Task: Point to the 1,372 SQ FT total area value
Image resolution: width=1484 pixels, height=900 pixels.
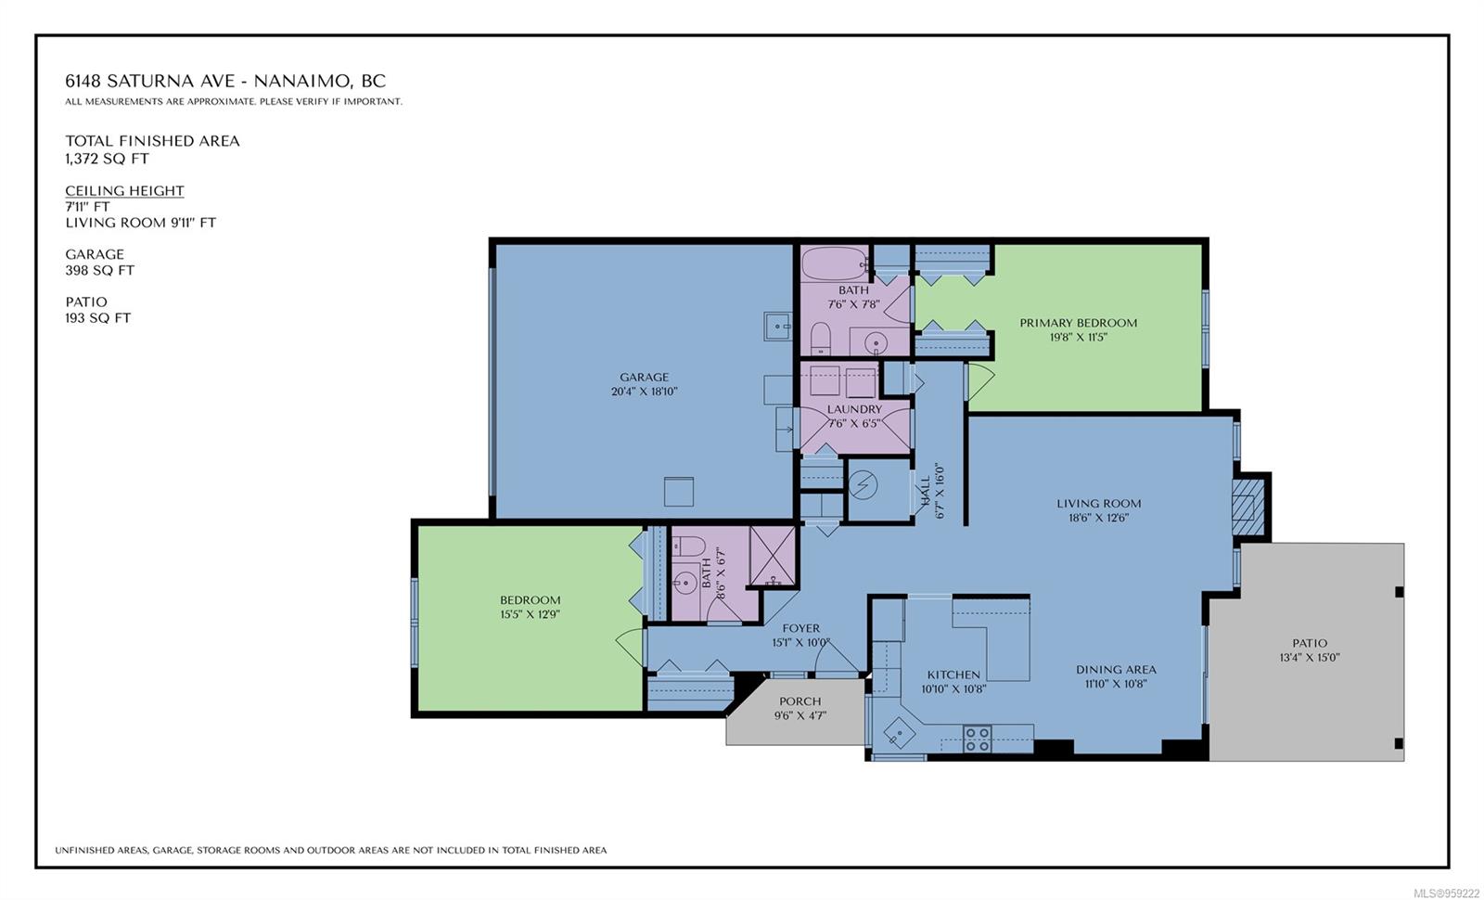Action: point(107,159)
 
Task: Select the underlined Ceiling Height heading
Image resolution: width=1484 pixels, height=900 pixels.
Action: point(124,191)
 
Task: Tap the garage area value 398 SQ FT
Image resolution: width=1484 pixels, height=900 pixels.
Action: point(99,270)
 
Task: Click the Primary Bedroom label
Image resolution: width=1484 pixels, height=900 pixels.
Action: point(1078,323)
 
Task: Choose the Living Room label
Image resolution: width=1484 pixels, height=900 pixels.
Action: point(1098,503)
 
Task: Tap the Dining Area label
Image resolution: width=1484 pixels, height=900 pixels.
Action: point(1116,669)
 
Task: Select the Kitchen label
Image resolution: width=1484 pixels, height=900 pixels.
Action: point(953,675)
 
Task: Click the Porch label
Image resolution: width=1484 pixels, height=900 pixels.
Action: point(800,701)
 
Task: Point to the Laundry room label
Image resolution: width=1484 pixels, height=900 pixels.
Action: point(854,409)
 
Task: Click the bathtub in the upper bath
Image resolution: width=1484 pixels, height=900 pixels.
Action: point(834,264)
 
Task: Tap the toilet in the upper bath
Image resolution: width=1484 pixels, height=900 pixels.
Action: point(820,339)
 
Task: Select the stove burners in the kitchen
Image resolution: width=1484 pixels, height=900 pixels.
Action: point(978,739)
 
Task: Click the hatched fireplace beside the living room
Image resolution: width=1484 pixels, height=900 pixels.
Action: point(1248,507)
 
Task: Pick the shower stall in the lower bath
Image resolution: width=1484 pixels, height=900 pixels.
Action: point(772,556)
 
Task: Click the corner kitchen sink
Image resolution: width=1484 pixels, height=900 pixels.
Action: point(899,734)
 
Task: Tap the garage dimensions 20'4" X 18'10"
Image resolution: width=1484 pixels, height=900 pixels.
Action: point(644,392)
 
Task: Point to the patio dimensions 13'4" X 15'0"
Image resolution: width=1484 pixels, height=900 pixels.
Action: point(1309,658)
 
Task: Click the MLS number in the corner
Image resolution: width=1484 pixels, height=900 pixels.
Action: point(1447,893)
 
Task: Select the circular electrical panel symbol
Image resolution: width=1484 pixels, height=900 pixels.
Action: point(864,485)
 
